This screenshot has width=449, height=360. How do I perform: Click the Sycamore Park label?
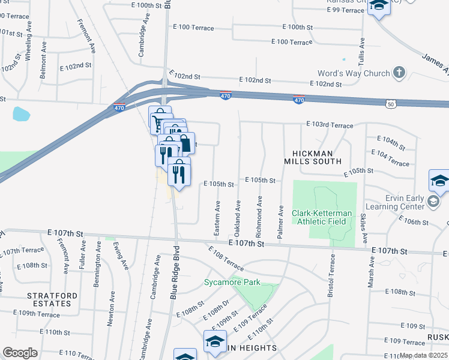click(x=232, y=282)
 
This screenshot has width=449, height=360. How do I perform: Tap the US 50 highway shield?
click(x=391, y=104)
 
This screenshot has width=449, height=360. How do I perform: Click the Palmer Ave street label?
click(x=280, y=223)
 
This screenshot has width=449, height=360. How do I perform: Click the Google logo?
click(x=20, y=353)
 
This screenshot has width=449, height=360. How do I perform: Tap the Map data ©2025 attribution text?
click(x=423, y=355)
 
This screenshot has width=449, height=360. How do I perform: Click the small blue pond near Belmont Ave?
click(x=21, y=113)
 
